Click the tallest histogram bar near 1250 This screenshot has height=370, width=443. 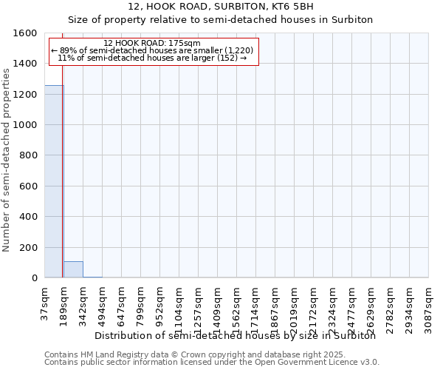(54, 181)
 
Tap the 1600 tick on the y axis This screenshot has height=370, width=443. (26, 33)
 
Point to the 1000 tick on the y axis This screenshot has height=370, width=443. (26, 125)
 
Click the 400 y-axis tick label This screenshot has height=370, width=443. (29, 217)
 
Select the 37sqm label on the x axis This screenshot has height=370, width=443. (45, 301)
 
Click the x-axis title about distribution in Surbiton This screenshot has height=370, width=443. (236, 335)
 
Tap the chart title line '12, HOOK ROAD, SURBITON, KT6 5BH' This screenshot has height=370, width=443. (221, 6)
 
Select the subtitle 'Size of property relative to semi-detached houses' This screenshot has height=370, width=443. (221, 19)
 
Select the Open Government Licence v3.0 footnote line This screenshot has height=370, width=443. (212, 362)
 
